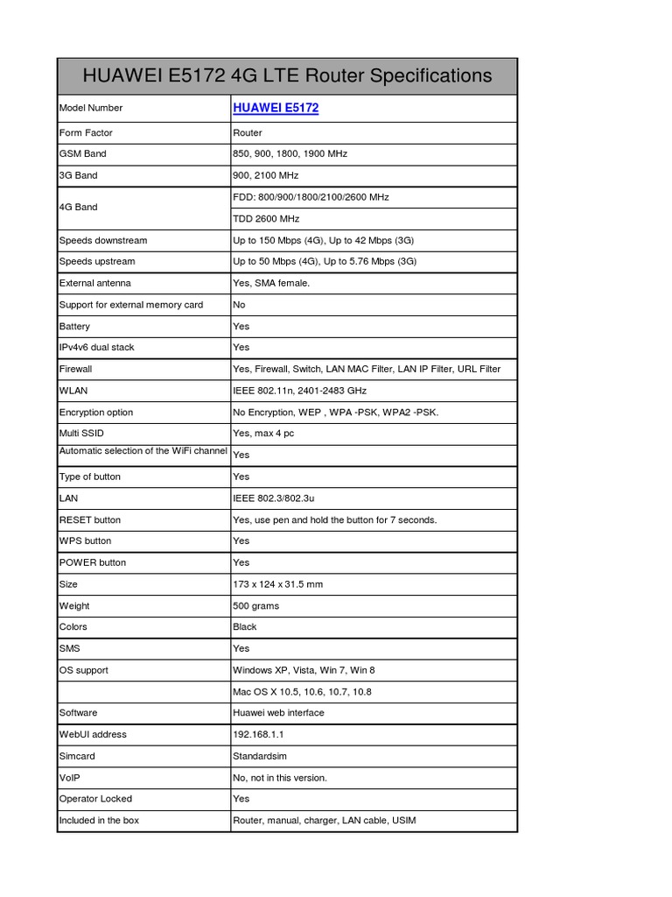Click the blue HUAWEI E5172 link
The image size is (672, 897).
[x=276, y=108]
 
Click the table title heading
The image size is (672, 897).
[x=287, y=76]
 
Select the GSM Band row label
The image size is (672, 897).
[x=83, y=154]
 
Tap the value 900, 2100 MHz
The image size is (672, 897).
[x=266, y=175]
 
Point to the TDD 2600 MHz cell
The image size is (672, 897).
[x=266, y=219]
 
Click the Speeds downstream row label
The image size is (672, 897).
[x=103, y=240]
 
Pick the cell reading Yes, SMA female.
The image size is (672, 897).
[x=271, y=283]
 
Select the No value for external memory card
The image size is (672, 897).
[x=239, y=305]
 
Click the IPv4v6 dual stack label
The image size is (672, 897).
[x=97, y=348]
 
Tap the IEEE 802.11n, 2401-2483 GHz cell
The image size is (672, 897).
[x=299, y=391]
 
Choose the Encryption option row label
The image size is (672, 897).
[x=97, y=413]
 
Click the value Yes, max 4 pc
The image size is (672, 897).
[x=263, y=434]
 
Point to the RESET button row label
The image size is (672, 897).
[x=90, y=520]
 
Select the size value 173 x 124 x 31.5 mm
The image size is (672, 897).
[x=278, y=584]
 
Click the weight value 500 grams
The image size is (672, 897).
[x=257, y=606]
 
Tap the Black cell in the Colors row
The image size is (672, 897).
[x=245, y=627]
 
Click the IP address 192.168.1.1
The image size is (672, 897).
[x=258, y=735]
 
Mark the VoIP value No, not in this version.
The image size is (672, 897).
[x=280, y=778]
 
